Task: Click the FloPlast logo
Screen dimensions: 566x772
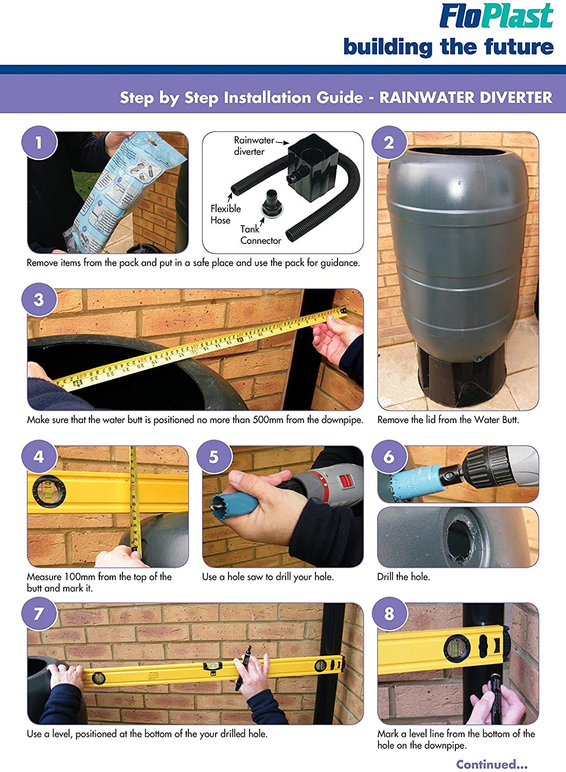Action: click(496, 16)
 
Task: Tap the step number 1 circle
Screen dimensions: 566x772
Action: click(39, 143)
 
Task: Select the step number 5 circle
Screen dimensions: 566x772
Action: click(214, 457)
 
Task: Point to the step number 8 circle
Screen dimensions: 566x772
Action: click(389, 614)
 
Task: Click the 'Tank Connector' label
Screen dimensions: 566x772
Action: click(261, 235)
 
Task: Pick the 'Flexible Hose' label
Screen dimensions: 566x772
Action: click(226, 215)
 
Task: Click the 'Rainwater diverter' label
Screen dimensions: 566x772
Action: click(254, 146)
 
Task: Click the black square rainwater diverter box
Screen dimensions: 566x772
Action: click(308, 168)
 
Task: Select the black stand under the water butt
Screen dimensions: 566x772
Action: click(462, 377)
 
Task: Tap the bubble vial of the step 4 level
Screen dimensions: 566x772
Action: click(48, 490)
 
